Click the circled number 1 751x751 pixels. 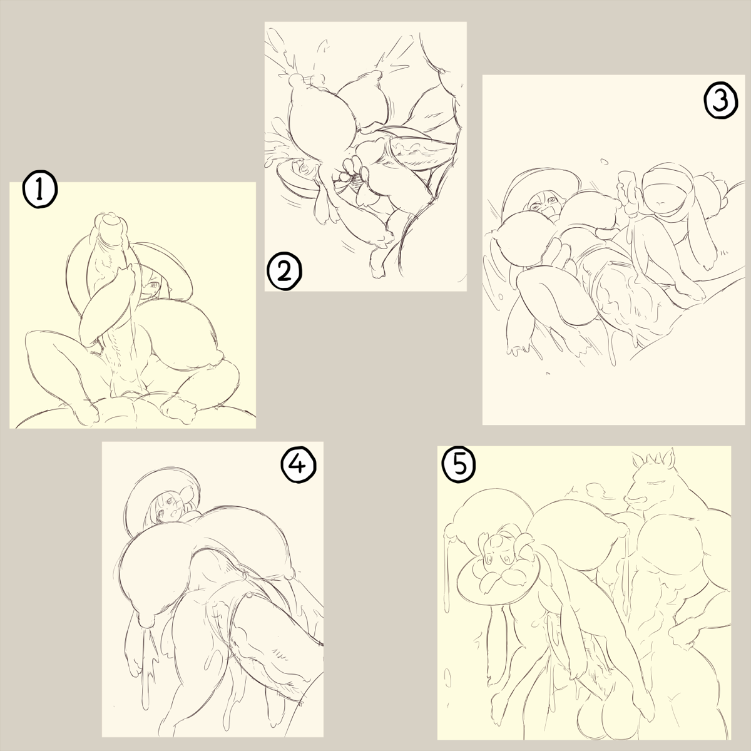[40, 190]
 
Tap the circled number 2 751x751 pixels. [285, 272]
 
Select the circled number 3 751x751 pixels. [720, 101]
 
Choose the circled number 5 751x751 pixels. [459, 466]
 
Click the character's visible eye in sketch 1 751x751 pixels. [155, 285]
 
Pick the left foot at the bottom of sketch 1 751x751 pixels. [87, 414]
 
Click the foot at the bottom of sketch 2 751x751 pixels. [377, 269]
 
